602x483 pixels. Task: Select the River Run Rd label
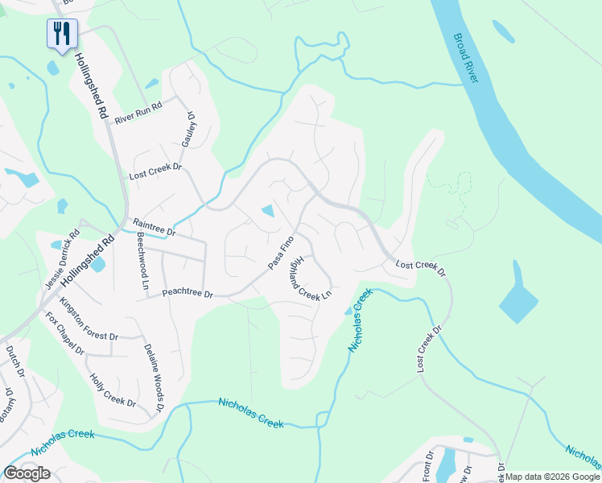click(138, 114)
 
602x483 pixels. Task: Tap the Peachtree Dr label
click(187, 295)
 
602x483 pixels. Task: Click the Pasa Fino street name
click(281, 252)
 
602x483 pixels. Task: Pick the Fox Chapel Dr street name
click(64, 333)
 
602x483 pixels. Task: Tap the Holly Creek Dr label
click(113, 388)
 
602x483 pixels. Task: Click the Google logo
click(27, 473)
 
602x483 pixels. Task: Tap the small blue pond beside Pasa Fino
click(268, 212)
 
